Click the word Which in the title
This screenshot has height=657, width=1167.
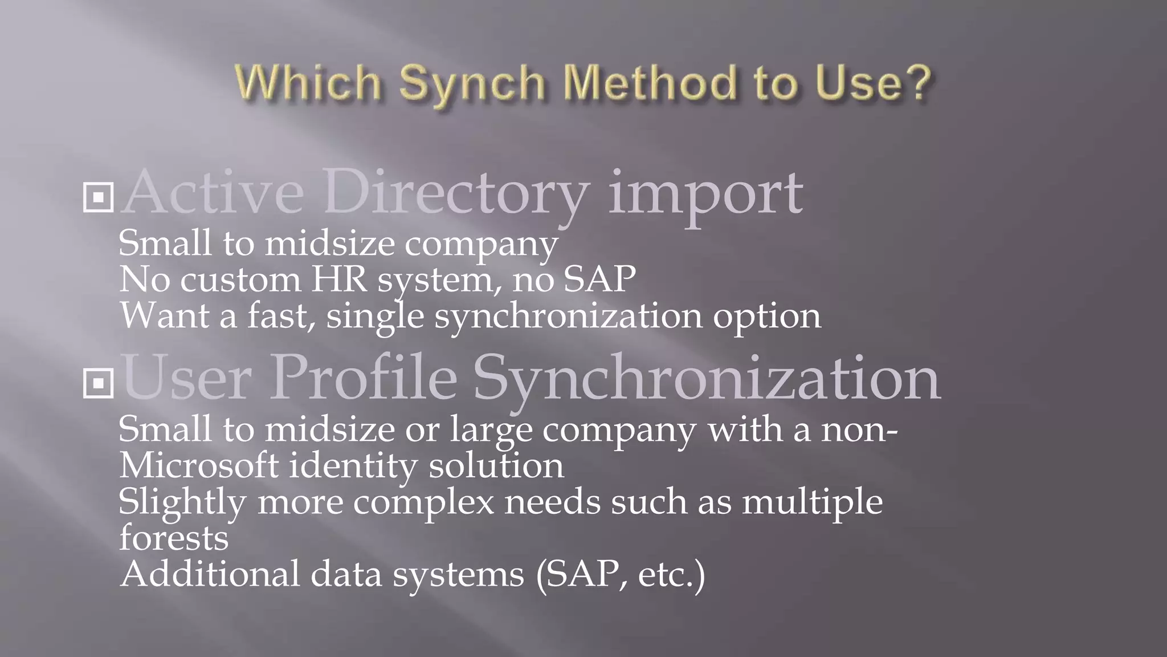(308, 83)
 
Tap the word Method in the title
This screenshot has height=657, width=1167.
(650, 83)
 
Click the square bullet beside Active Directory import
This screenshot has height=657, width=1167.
(98, 197)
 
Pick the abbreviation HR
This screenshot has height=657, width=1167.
(339, 279)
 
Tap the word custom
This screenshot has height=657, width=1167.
(240, 279)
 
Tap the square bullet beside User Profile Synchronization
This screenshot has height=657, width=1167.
(98, 383)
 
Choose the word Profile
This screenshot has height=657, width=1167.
(364, 378)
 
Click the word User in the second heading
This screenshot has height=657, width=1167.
(186, 378)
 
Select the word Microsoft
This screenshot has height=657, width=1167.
(199, 465)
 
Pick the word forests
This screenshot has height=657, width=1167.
(174, 538)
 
